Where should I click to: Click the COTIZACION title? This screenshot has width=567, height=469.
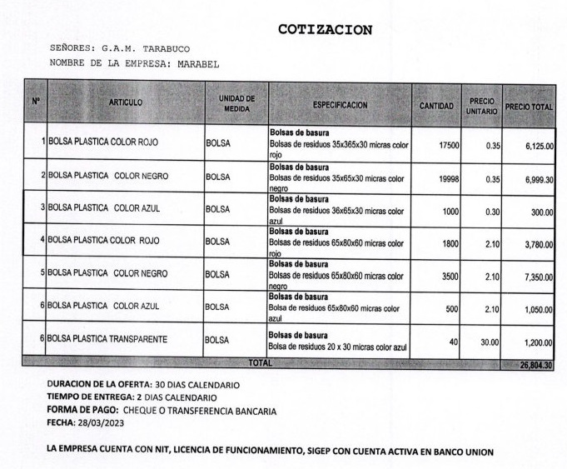[x=324, y=30]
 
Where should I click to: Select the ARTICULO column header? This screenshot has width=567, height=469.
[x=126, y=102]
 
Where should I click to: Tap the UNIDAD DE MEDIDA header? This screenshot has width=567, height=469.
[x=236, y=102]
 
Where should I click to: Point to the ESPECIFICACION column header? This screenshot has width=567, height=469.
[x=341, y=105]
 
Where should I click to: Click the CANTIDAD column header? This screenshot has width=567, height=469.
[x=436, y=107]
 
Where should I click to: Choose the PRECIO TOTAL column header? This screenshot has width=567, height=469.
[x=530, y=107]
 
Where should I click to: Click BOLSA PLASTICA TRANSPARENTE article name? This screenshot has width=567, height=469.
[x=108, y=339]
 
